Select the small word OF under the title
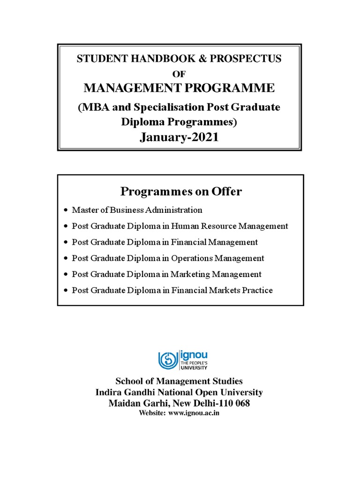180,73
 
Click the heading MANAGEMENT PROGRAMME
180,88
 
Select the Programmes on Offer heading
181,191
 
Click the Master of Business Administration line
137,210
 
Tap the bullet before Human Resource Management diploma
66,226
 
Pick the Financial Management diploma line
165,242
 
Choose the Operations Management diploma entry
168,258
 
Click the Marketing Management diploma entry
166,274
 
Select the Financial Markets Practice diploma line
172,291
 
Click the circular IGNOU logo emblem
167,360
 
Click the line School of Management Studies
180,382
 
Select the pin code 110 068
234,403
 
